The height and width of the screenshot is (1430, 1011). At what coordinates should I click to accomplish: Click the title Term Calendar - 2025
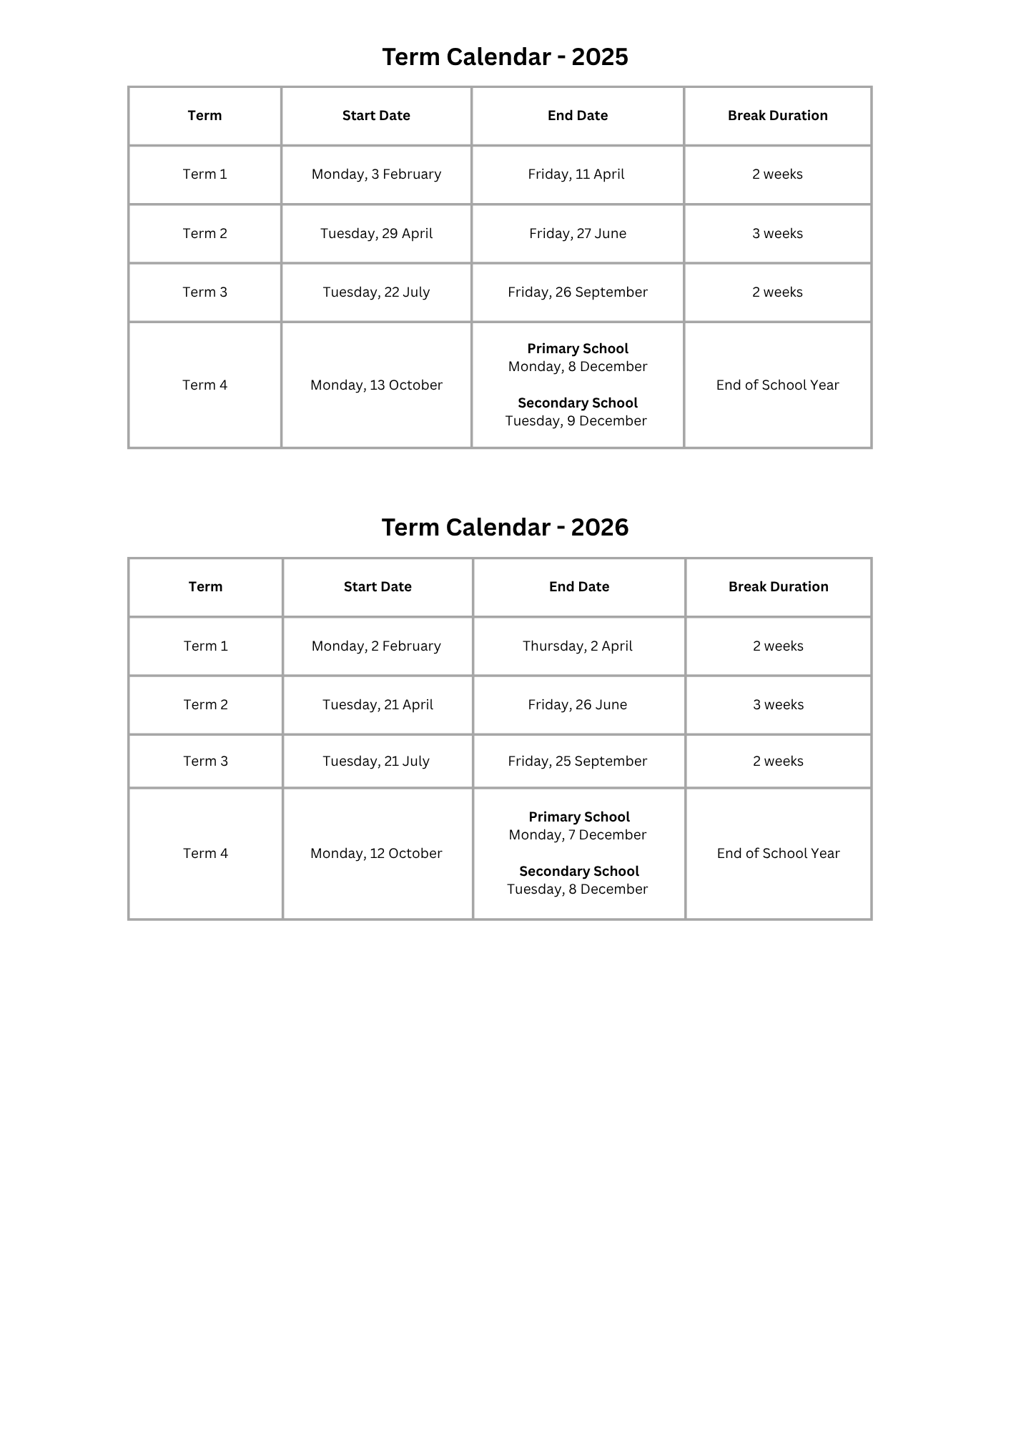[x=505, y=57]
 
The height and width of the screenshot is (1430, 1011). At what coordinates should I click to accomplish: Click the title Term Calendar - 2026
[x=505, y=528]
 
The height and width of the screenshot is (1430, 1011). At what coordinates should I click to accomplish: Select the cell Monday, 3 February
[x=376, y=174]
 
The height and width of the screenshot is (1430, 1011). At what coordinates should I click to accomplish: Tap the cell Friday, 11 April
[x=576, y=174]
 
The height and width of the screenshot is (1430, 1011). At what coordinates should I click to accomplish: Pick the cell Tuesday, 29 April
[x=376, y=234]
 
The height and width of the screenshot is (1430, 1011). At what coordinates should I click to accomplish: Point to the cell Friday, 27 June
[x=578, y=234]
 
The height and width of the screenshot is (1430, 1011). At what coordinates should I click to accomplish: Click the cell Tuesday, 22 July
[x=376, y=292]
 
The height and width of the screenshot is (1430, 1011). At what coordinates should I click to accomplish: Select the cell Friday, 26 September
[x=578, y=292]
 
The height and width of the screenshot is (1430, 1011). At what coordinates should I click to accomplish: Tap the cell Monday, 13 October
[x=376, y=385]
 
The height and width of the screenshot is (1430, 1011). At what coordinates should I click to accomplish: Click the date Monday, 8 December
[x=578, y=367]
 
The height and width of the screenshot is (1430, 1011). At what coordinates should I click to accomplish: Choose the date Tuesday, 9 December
[x=576, y=421]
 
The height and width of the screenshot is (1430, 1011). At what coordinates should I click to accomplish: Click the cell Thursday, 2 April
[x=578, y=646]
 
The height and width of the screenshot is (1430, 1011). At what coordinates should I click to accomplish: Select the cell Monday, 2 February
[x=376, y=646]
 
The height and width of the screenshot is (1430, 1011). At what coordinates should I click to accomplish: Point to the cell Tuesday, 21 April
[x=378, y=705]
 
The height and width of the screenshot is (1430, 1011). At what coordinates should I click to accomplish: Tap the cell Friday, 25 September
[x=578, y=761]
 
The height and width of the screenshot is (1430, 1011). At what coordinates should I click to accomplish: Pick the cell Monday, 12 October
[x=376, y=854]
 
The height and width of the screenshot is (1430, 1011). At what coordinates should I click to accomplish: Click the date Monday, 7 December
[x=578, y=835]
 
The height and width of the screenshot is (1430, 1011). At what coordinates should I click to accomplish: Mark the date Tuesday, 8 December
[x=578, y=889]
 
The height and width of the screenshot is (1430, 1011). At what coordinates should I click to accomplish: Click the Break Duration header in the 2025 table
[x=778, y=116]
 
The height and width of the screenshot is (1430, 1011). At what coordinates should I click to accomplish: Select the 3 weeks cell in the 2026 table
[x=778, y=705]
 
